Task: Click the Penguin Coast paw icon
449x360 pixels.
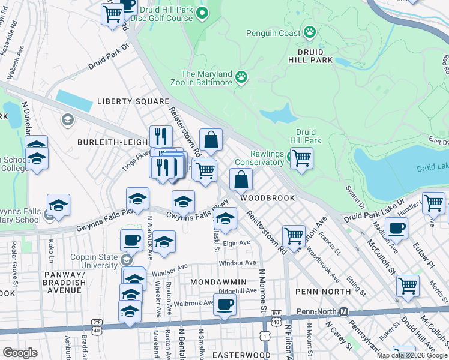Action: coord(310,32)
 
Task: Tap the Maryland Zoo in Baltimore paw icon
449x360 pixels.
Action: coord(241,77)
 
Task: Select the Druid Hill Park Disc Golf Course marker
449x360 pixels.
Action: coord(202,13)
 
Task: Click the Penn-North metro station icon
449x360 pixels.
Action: coord(343,312)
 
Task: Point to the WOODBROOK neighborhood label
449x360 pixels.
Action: coord(268,197)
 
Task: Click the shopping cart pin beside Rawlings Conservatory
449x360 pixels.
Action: coord(301,158)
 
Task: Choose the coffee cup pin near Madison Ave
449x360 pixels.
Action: coord(396,228)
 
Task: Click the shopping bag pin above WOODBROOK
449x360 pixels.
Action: coord(241,179)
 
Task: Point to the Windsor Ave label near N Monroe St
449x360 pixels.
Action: coord(238,263)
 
